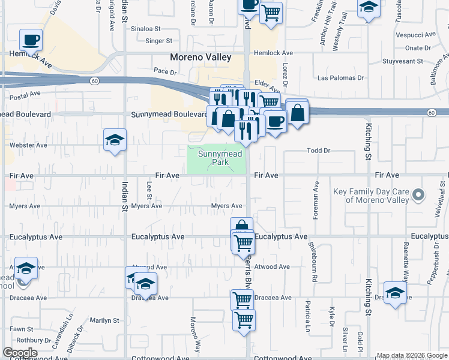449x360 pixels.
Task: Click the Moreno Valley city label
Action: (200, 58)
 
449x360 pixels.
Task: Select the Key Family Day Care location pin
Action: (419, 194)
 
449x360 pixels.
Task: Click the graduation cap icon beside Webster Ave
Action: (115, 140)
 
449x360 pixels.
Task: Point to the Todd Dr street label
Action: (318, 151)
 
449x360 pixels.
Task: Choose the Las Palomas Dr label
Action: (341, 78)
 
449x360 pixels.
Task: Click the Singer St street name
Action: (159, 41)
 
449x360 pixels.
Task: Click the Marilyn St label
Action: (104, 320)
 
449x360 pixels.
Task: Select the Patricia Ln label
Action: (307, 317)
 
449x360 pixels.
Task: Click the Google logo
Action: (20, 353)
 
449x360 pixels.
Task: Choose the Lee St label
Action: (149, 191)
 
